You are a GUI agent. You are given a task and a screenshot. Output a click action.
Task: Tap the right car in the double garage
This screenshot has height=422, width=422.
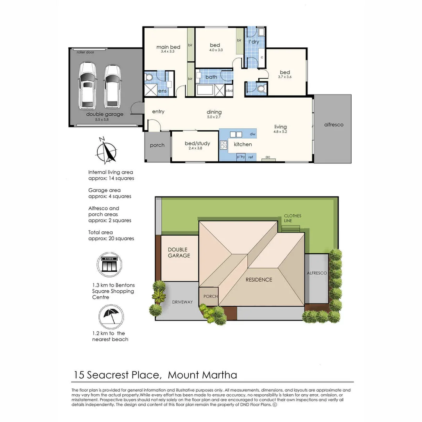tap(112, 86)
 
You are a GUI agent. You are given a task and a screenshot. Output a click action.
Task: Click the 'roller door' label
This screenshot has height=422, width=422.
tap(86, 52)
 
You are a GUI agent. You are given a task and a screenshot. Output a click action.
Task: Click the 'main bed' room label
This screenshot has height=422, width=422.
tap(168, 47)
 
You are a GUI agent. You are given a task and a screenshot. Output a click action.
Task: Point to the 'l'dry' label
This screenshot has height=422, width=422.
tap(254, 42)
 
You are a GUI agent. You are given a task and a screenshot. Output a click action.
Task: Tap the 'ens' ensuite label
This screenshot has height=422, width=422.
tap(162, 91)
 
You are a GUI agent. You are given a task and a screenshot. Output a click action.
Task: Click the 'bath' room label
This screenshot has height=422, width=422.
tap(211, 77)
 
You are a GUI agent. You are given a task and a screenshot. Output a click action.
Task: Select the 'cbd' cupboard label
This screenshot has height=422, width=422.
tap(229, 91)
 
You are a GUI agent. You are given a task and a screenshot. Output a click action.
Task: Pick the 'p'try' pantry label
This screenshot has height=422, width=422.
tap(241, 157)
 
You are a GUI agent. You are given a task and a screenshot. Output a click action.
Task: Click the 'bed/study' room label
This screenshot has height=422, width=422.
tap(197, 143)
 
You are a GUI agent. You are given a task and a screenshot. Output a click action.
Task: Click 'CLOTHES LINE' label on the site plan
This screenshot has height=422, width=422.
tap(292, 218)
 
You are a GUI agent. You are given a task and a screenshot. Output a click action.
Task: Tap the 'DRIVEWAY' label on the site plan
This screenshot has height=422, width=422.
tap(182, 302)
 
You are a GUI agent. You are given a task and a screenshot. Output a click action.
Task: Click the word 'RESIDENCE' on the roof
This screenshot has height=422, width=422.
tap(259, 280)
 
